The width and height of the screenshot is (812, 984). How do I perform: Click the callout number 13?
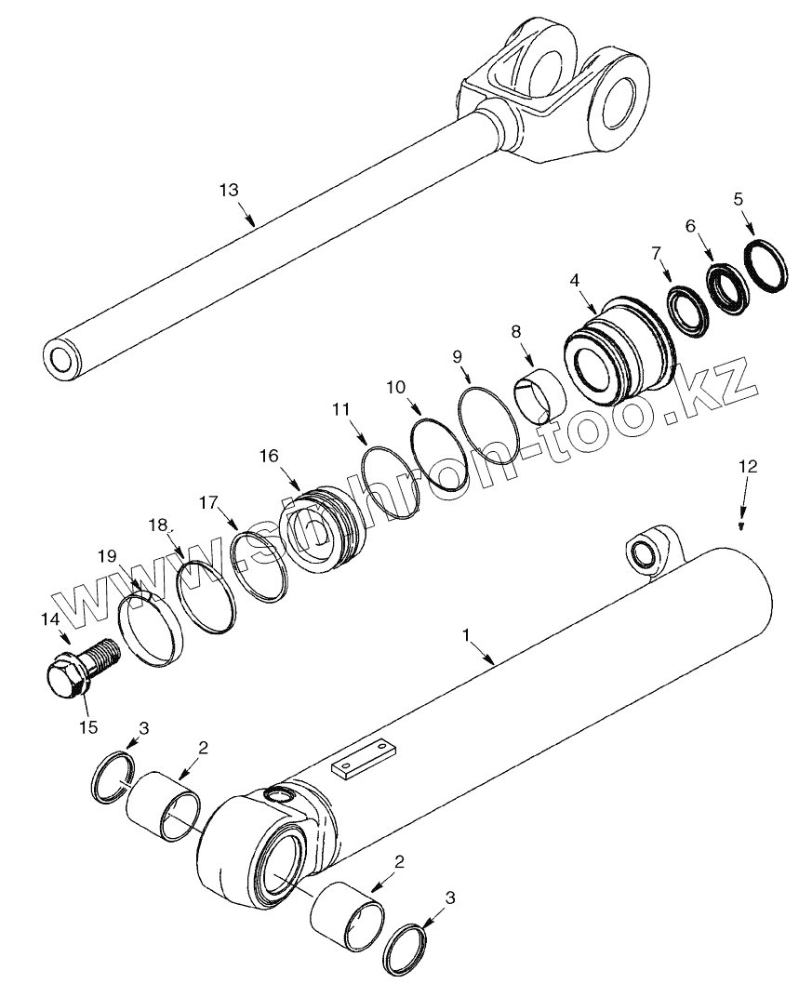(x=229, y=190)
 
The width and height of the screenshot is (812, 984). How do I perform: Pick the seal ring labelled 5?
(x=768, y=269)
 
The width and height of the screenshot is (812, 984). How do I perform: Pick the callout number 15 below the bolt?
(x=88, y=726)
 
